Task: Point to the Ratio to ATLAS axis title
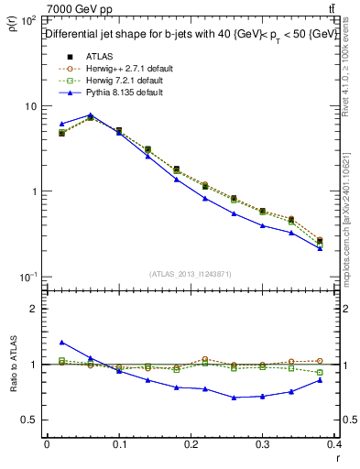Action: (12, 365)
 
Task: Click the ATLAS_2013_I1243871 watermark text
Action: (190, 274)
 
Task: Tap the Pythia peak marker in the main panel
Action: (90, 115)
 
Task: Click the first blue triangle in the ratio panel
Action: (61, 342)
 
